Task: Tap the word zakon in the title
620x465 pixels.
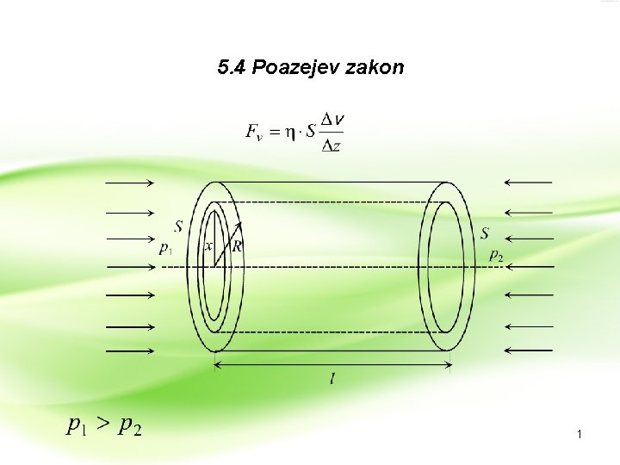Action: (375, 68)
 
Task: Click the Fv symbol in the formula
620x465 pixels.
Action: (255, 132)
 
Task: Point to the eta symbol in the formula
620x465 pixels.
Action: (289, 132)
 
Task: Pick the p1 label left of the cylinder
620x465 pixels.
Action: (166, 248)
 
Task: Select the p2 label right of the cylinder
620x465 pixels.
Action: (496, 254)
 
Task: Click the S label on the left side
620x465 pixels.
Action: (178, 226)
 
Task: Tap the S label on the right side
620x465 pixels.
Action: (486, 232)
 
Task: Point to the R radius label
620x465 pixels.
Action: (238, 246)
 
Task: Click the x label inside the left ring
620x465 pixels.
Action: (208, 246)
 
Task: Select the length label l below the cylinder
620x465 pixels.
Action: (333, 380)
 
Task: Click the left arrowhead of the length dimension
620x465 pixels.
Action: (216, 365)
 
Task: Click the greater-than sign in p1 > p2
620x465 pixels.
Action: (102, 424)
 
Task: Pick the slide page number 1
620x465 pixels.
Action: (580, 436)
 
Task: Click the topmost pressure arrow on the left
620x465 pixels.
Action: (129, 183)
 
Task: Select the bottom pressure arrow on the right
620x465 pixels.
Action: (528, 350)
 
